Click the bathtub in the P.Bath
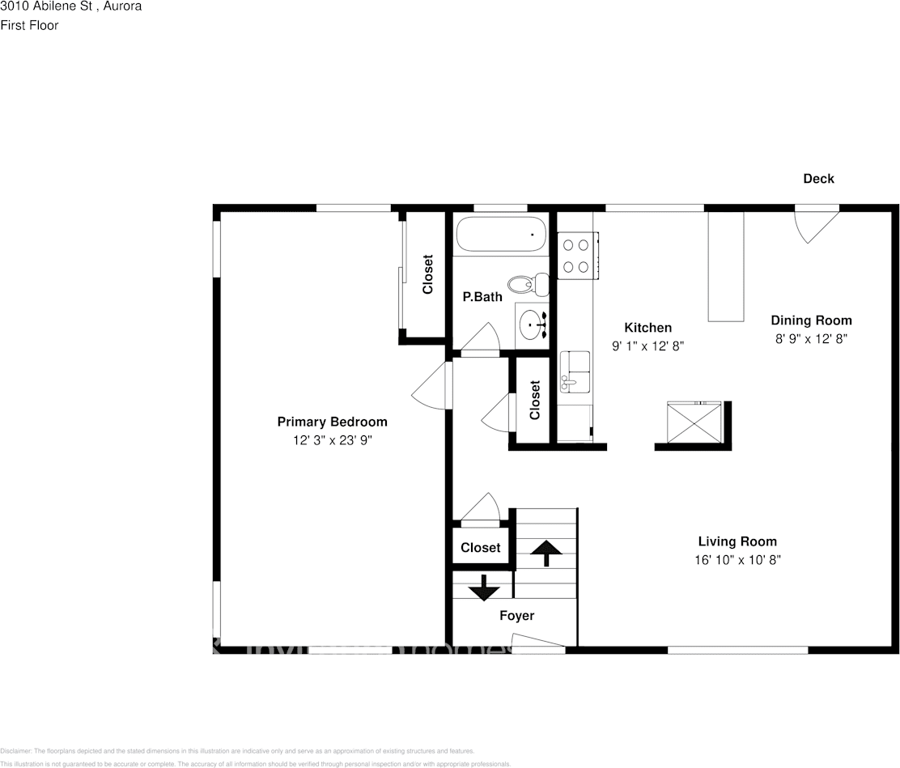[x=501, y=235]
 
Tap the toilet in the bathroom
[x=529, y=284]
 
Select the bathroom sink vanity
[x=533, y=325]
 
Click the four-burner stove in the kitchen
[x=578, y=255]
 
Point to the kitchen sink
[x=575, y=373]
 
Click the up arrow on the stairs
[x=546, y=553]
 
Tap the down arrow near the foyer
[x=484, y=587]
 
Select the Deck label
[x=818, y=179]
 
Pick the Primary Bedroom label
[x=332, y=422]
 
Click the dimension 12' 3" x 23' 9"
[x=332, y=440]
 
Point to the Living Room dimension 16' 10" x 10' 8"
[x=737, y=560]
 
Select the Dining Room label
[x=811, y=320]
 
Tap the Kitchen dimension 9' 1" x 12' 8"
[x=647, y=346]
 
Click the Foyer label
[x=516, y=616]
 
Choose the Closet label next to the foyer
[x=481, y=548]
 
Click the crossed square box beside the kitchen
[x=693, y=422]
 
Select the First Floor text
[x=29, y=25]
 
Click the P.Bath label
[x=482, y=297]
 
